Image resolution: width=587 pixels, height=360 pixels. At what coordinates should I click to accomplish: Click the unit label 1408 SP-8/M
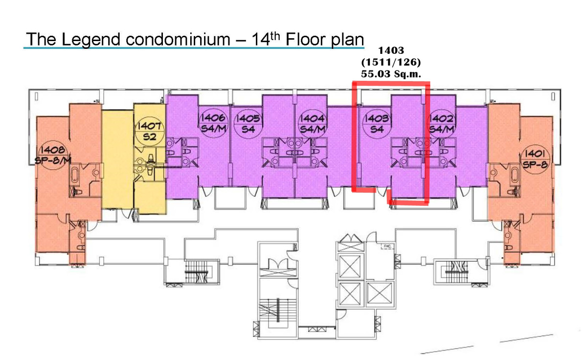pyautogui.click(x=53, y=155)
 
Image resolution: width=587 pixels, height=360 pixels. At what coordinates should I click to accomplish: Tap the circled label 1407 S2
pyautogui.click(x=150, y=131)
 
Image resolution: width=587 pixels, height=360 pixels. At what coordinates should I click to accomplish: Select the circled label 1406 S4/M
pyautogui.click(x=213, y=123)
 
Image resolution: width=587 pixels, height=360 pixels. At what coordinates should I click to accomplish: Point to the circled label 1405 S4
pyautogui.click(x=248, y=123)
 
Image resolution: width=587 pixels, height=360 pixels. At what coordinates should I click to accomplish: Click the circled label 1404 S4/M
pyautogui.click(x=313, y=124)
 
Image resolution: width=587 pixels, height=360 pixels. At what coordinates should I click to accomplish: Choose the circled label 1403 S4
pyautogui.click(x=377, y=124)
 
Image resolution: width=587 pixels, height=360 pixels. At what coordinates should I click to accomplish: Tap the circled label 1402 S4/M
pyautogui.click(x=442, y=124)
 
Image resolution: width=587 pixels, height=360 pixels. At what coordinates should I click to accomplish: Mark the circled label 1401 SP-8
pyautogui.click(x=535, y=159)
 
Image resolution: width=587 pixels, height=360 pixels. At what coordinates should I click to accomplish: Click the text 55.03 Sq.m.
pyautogui.click(x=391, y=74)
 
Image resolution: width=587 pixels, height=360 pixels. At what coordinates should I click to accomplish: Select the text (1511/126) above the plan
pyautogui.click(x=391, y=62)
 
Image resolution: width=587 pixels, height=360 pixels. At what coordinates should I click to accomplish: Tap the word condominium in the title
pyautogui.click(x=178, y=39)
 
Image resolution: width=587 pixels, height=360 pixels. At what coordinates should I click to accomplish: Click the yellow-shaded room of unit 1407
pyautogui.click(x=117, y=159)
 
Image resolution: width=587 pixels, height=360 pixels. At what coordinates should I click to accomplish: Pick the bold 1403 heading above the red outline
pyautogui.click(x=391, y=50)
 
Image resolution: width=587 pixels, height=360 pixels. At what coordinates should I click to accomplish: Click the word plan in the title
pyautogui.click(x=347, y=40)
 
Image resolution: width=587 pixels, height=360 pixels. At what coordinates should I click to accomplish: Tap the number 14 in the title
pyautogui.click(x=261, y=39)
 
